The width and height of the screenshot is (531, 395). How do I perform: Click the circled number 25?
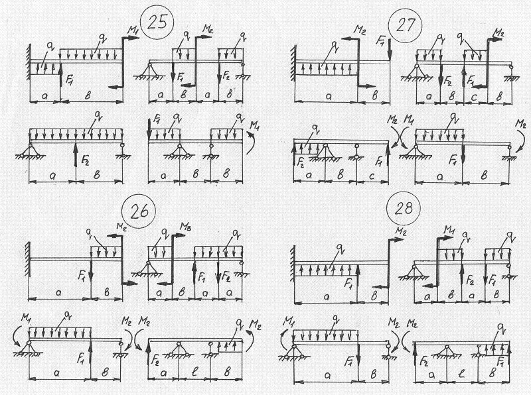click(x=158, y=23)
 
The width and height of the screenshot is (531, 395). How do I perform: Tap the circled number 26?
click(x=144, y=212)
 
